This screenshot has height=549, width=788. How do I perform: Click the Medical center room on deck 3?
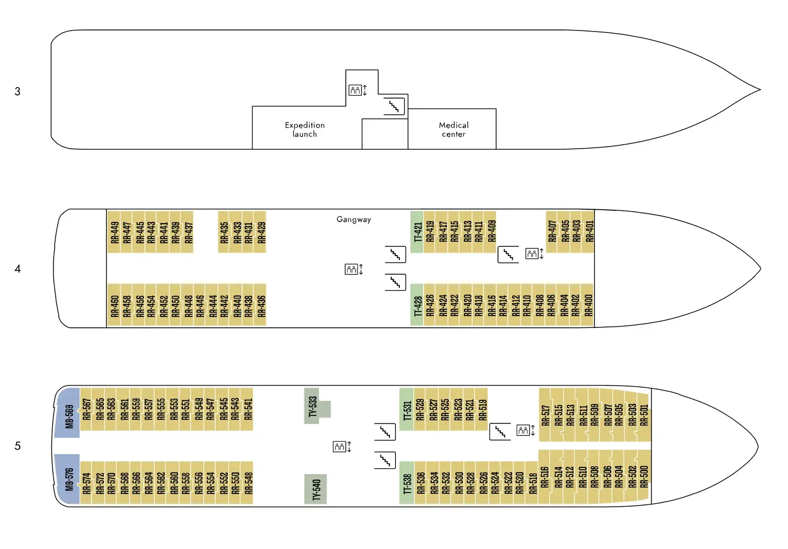tap(452, 129)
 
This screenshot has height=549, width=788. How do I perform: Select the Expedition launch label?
tap(305, 129)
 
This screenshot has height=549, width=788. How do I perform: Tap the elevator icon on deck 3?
tap(358, 90)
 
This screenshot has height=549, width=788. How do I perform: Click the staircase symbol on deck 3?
tap(394, 106)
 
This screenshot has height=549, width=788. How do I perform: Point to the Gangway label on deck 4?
tap(354, 220)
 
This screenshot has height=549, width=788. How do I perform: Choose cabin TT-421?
tap(417, 232)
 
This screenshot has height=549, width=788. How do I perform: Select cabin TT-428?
tap(417, 305)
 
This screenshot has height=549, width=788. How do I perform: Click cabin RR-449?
tap(114, 232)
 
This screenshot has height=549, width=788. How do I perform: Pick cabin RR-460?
tap(114, 305)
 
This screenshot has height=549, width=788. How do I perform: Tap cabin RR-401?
tap(588, 231)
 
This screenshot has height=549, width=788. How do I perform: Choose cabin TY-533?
tap(313, 406)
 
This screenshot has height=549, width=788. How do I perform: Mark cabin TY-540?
tap(316, 489)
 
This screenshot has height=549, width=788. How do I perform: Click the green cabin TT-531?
tap(407, 409)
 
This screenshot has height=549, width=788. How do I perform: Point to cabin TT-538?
tap(407, 483)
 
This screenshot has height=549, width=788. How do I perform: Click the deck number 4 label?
tap(18, 269)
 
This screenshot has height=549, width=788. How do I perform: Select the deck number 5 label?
tap(18, 446)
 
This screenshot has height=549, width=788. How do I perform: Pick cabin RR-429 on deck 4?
tap(261, 232)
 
